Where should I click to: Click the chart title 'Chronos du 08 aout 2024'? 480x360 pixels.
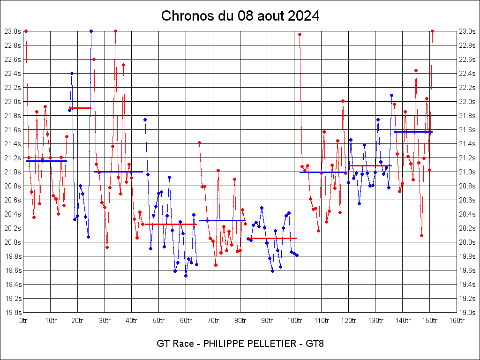point(240,16)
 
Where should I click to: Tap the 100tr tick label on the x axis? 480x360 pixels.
point(294,321)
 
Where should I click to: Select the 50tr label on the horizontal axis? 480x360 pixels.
point(159,321)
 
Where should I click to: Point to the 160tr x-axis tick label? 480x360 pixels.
point(457,321)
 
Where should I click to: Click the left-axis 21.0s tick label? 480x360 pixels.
point(13,172)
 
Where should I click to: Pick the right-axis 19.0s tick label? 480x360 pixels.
point(467,313)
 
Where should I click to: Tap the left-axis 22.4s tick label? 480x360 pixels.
point(13,74)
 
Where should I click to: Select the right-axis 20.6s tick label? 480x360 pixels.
point(467,200)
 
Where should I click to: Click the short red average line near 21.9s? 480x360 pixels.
point(80,108)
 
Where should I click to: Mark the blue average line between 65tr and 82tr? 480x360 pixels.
point(222,220)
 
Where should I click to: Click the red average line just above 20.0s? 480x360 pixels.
point(272,238)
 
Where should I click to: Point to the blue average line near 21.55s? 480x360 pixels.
point(413,132)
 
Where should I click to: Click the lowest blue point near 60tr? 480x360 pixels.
point(186,276)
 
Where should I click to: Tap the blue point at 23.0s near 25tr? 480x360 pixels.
point(91,31)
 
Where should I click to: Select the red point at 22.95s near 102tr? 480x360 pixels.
point(300,34)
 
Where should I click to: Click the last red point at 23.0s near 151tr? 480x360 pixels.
point(432,31)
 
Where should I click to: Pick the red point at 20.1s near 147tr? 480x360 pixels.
point(421,235)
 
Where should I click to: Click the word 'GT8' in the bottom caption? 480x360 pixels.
point(315,344)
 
